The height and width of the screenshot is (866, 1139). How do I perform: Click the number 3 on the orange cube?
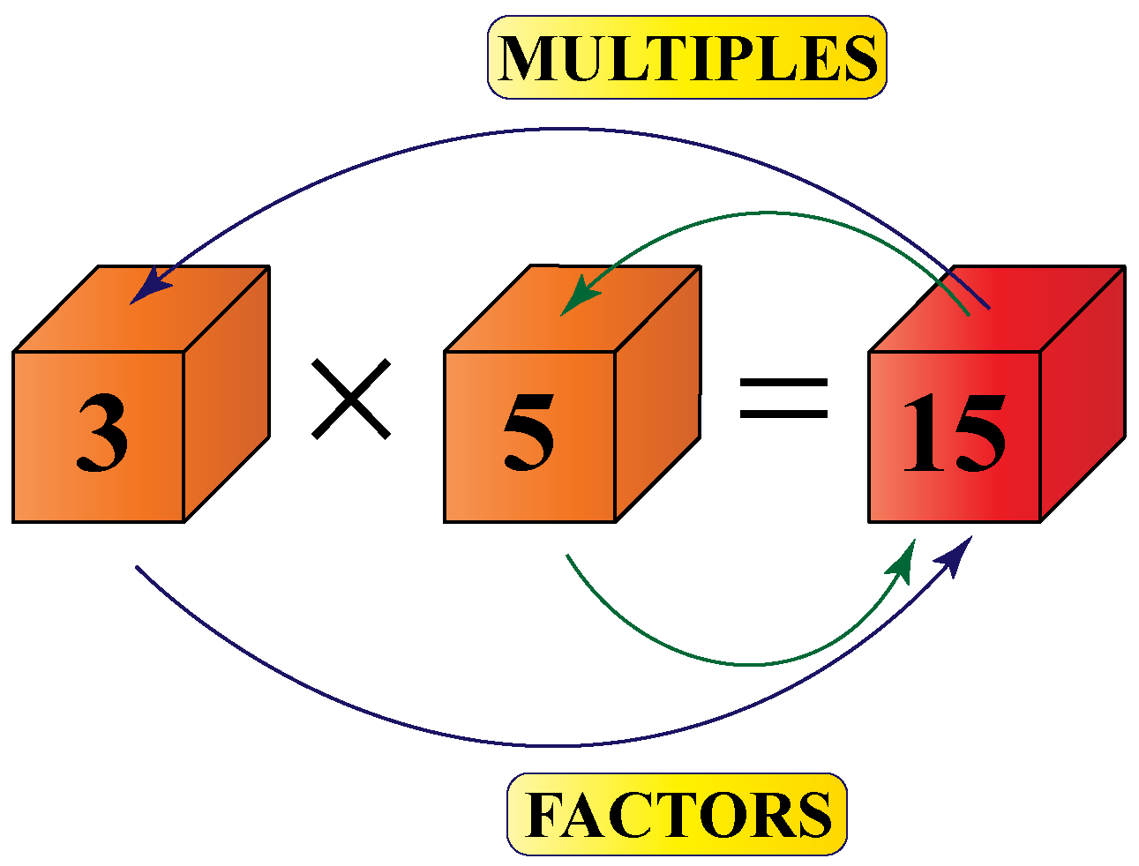coord(101,432)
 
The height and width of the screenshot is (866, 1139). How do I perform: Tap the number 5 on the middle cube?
coord(528,432)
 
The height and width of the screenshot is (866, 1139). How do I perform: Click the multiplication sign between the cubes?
coord(350,398)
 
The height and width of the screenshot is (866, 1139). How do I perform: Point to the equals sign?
coord(783,398)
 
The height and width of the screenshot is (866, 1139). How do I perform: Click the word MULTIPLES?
coord(687,58)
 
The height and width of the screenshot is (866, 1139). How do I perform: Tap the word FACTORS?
coord(677,814)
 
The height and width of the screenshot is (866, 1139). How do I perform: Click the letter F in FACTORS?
coord(546,815)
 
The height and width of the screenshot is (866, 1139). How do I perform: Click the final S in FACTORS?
coord(813,815)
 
